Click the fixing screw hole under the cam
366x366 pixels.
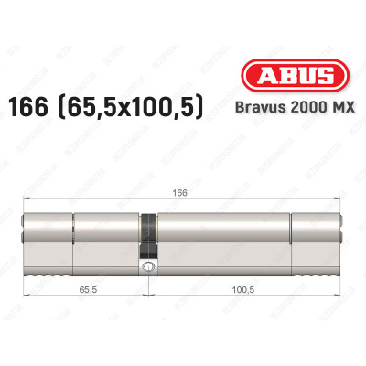(148, 267)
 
